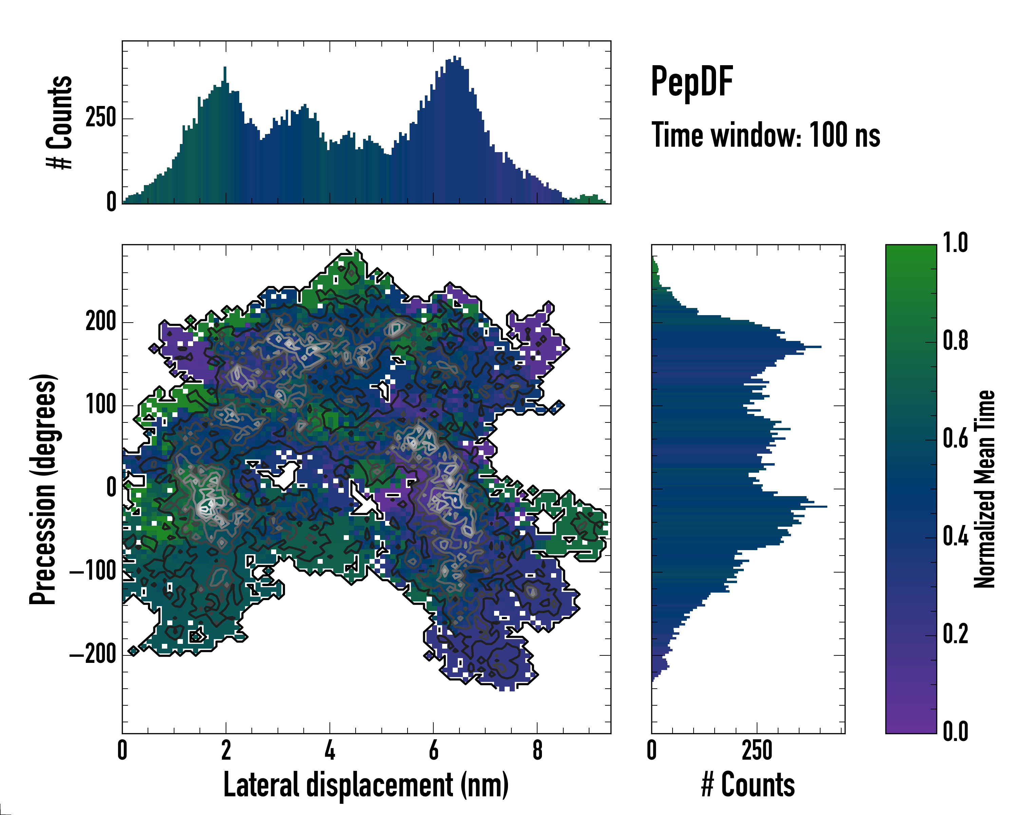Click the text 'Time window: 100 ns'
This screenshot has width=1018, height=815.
(766, 135)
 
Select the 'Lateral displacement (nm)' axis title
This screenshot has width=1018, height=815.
(366, 784)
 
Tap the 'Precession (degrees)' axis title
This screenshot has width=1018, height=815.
(43, 489)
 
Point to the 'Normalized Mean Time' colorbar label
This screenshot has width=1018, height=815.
(984, 489)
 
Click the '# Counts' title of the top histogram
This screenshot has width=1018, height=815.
(60, 122)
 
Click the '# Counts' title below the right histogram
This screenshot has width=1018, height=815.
(748, 784)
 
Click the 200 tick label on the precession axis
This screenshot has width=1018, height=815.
(100, 322)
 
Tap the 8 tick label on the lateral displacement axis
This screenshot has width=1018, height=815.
(537, 750)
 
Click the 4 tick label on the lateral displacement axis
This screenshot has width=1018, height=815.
(329, 750)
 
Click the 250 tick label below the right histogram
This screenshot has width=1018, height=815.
(757, 750)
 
